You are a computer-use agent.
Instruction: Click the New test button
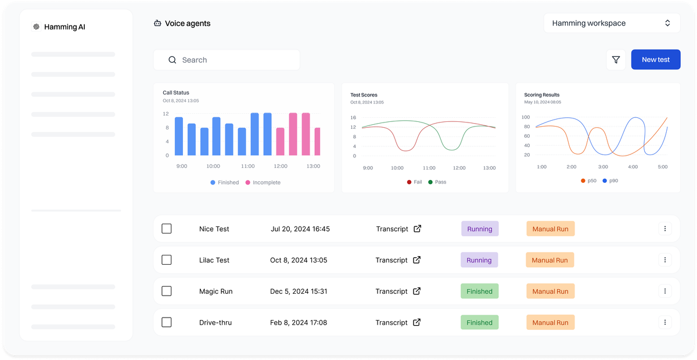[656, 59]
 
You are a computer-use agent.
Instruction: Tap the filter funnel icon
[616, 60]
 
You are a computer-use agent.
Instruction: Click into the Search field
[227, 60]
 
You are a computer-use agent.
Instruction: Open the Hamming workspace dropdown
[612, 23]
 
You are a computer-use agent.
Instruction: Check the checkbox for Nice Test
[167, 229]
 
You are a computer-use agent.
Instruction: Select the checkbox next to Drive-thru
[167, 322]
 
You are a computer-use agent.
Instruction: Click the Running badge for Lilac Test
[479, 260]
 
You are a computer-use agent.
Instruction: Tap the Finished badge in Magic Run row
[480, 291]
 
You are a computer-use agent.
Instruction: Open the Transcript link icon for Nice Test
[417, 229]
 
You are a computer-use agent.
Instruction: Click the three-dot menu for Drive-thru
[665, 322]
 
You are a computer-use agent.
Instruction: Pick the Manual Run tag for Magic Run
[551, 291]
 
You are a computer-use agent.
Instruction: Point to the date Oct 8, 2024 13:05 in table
[299, 260]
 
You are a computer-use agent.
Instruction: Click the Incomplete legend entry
[263, 182]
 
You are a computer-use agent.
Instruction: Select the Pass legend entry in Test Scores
[437, 182]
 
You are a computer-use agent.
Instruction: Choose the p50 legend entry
[588, 181]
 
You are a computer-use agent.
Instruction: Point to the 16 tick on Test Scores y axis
[353, 118]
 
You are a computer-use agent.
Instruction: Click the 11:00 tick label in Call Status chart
[247, 166]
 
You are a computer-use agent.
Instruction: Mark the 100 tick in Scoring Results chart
[526, 117]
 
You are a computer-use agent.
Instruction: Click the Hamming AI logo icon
[37, 27]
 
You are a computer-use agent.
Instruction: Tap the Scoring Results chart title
[542, 95]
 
